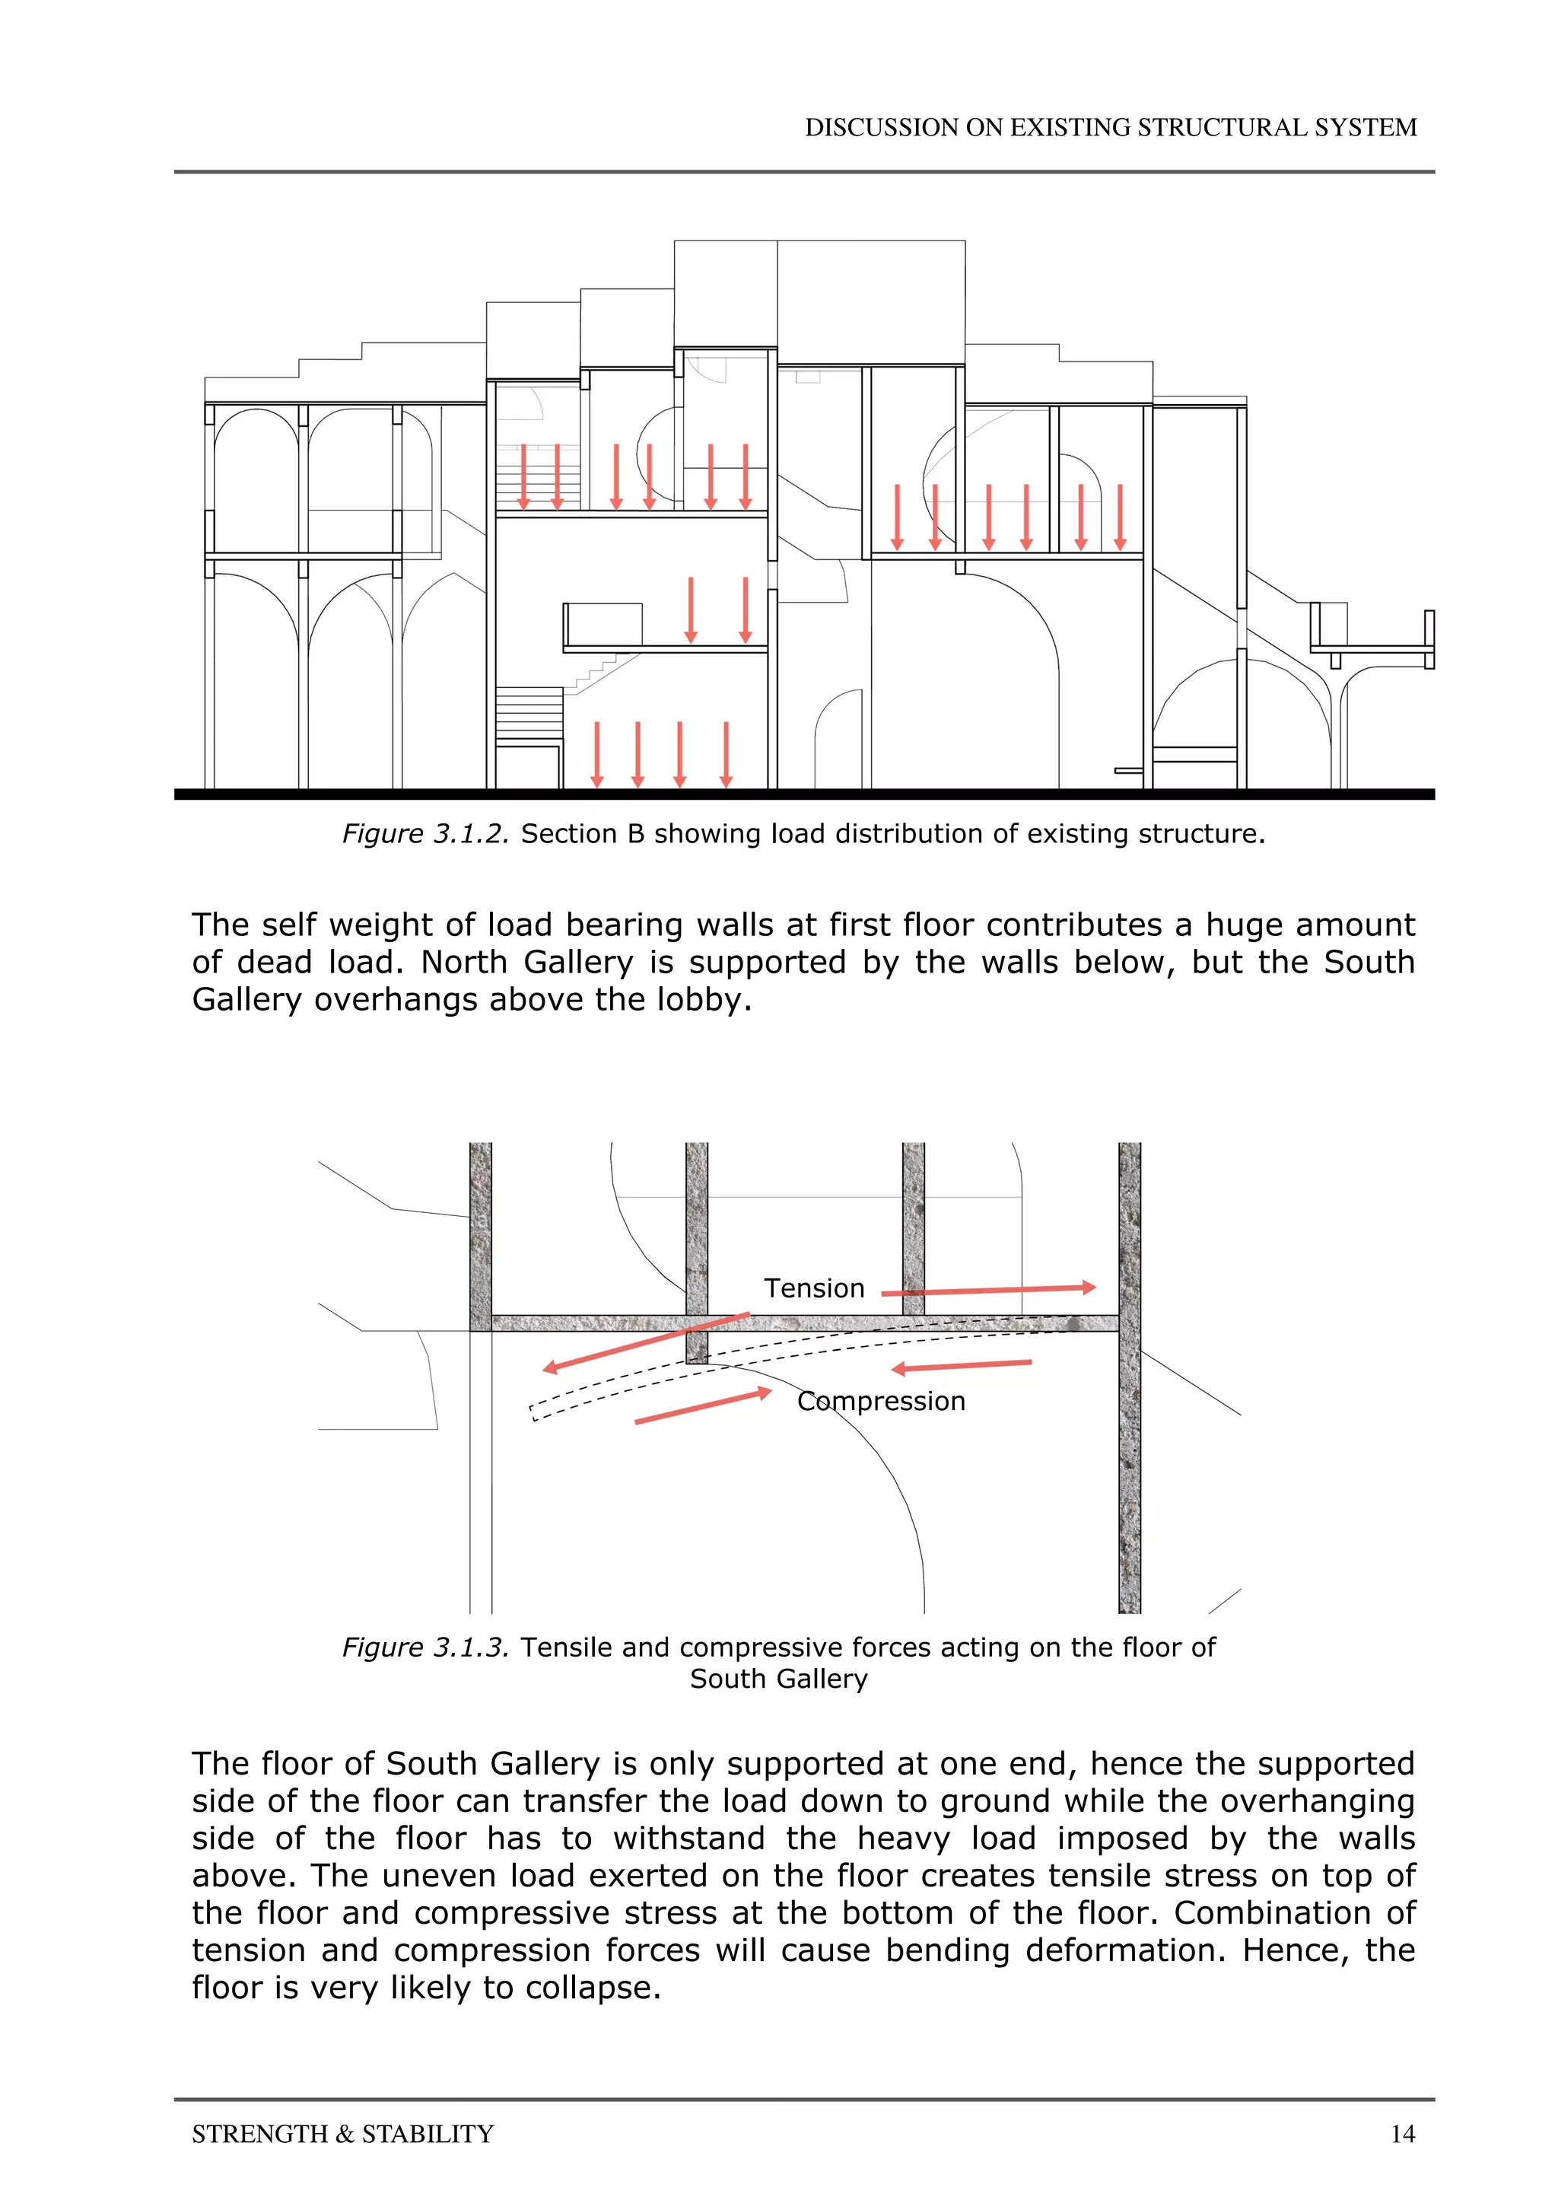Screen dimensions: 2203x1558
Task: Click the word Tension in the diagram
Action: click(813, 1288)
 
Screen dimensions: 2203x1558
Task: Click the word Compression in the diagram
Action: click(881, 1402)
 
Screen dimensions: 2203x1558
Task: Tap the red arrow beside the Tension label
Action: click(988, 1291)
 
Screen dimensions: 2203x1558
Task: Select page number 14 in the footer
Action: click(1403, 2134)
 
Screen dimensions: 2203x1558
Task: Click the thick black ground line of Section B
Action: click(804, 794)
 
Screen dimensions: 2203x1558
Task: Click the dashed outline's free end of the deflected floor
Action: click(533, 1412)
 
